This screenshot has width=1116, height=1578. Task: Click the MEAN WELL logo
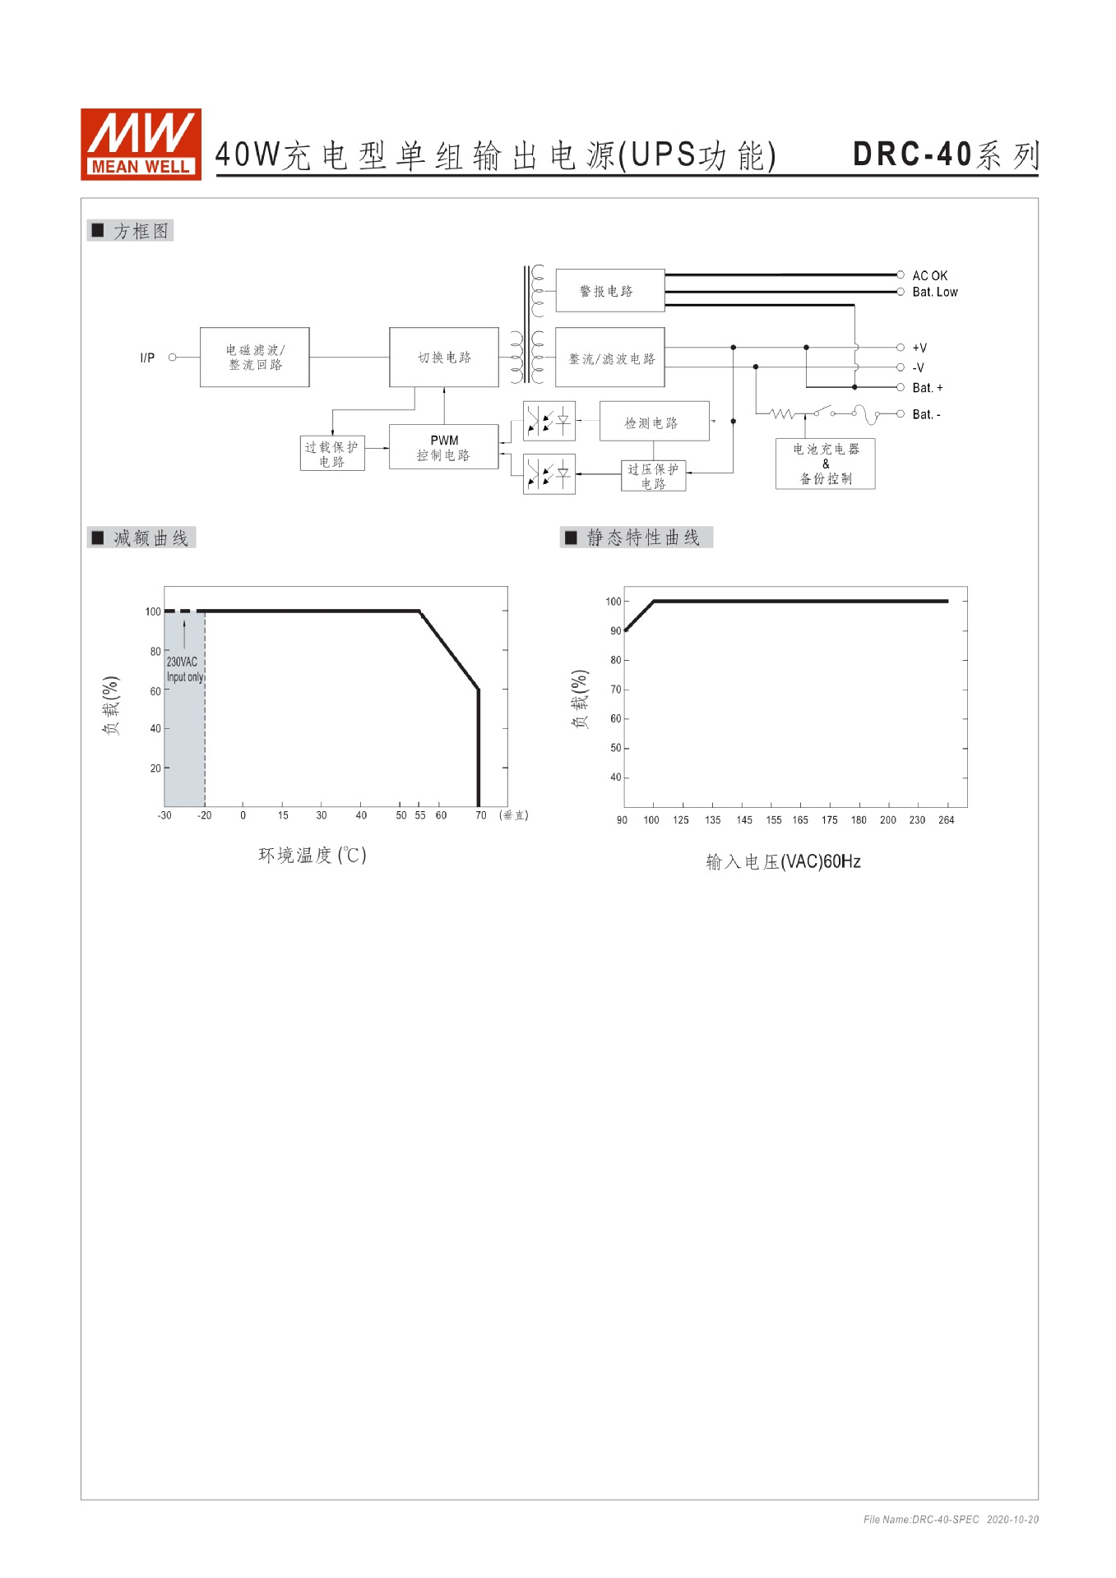141,144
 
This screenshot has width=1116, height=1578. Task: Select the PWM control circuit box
443,447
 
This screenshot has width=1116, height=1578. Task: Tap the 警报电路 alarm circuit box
609,291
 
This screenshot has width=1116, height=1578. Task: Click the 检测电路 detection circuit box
654,422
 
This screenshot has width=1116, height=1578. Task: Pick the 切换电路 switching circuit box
443,357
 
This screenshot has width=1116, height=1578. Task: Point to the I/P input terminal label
147,358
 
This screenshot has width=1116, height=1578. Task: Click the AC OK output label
929,275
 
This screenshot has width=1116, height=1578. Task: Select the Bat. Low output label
934,292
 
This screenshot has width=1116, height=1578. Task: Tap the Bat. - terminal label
926,414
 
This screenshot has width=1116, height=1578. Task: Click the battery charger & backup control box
825,464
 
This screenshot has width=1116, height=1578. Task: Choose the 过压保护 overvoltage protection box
653,476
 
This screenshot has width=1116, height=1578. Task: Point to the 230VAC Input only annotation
184,669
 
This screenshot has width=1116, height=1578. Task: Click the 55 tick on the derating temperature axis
420,815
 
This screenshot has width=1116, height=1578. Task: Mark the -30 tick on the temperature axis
164,815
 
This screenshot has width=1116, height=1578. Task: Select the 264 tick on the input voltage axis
946,820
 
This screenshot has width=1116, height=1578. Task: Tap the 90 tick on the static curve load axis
615,631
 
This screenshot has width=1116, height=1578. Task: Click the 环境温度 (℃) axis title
312,855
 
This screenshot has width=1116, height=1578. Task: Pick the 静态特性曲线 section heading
642,538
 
